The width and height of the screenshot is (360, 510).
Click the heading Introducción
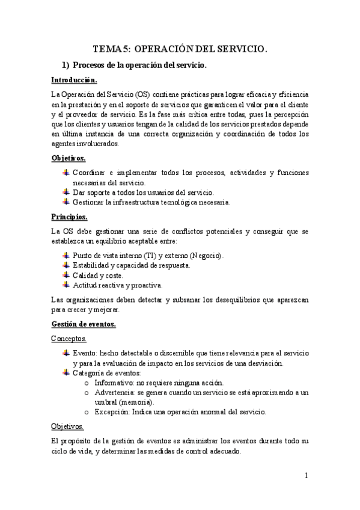pos(73,80)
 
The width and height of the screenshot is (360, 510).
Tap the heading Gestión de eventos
pos(83,324)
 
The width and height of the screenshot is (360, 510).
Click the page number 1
pos(306,475)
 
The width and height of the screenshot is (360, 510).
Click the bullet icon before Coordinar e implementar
pos(66,173)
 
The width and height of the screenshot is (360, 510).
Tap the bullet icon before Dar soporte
pos(66,192)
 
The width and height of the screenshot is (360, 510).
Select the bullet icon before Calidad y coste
pos(66,275)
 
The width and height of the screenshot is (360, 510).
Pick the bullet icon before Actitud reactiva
pos(66,284)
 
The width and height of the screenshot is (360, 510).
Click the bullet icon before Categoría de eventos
pos(66,373)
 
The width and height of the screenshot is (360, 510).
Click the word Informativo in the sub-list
pos(115,383)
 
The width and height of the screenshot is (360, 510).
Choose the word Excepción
pos(114,412)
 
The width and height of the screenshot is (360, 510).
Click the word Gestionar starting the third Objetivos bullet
pos(90,202)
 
